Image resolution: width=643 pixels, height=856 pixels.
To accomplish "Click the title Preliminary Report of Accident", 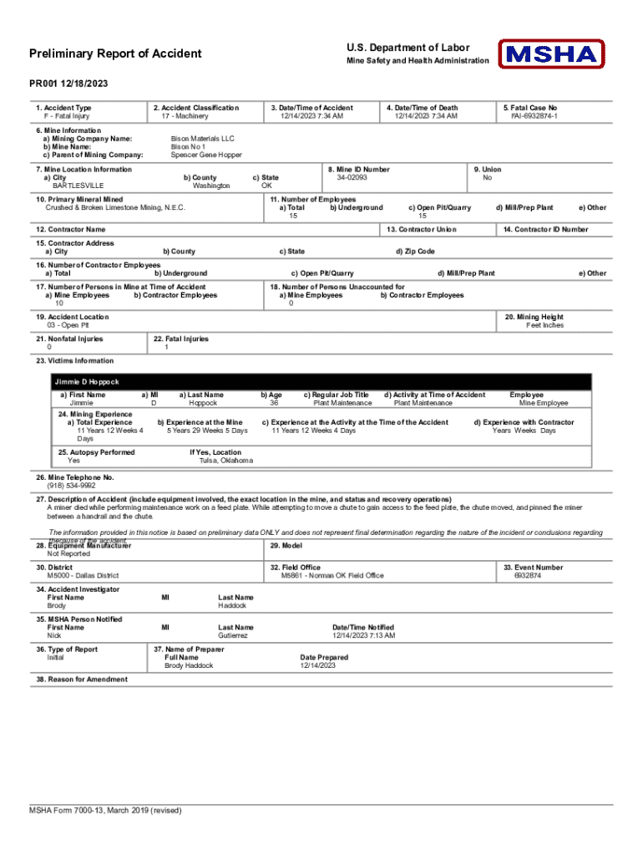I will (115, 54).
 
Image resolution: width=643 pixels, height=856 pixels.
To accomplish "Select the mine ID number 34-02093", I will (352, 177).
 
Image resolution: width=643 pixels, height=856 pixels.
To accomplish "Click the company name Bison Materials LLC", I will (203, 138).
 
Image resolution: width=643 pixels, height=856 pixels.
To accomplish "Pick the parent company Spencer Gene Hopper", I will (206, 155).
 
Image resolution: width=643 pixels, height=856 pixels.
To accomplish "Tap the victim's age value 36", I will (274, 403).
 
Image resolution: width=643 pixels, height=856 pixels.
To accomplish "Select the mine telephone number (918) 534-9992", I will (71, 485).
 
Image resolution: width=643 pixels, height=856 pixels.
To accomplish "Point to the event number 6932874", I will (527, 575).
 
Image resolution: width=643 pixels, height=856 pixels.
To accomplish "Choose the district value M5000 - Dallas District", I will (83, 575).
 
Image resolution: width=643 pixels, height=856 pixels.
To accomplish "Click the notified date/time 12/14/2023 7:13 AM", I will (363, 635).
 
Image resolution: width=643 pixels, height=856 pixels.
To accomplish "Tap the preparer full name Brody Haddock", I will (189, 665).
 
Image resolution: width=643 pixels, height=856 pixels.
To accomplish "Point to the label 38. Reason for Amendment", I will (82, 680).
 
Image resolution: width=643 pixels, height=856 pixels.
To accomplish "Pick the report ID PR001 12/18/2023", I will (68, 84).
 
